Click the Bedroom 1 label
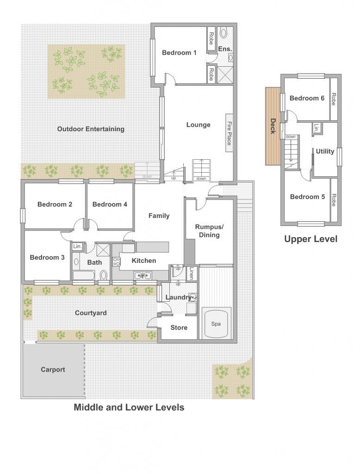click(x=179, y=53)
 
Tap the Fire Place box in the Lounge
click(x=230, y=133)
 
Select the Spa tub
click(x=216, y=323)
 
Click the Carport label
click(x=53, y=369)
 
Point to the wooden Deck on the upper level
click(x=273, y=126)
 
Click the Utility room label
click(x=325, y=151)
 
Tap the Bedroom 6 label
click(x=307, y=98)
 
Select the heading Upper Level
click(x=311, y=239)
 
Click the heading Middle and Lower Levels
click(x=129, y=407)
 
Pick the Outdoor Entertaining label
click(x=91, y=129)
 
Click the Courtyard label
click(x=91, y=313)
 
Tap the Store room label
click(x=179, y=327)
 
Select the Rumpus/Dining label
click(x=209, y=231)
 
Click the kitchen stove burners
click(x=116, y=262)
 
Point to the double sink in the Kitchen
click(x=143, y=275)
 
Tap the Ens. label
click(x=225, y=49)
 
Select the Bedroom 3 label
click(x=47, y=257)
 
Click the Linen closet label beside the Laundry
click(x=191, y=273)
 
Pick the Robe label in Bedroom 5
click(x=334, y=200)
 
